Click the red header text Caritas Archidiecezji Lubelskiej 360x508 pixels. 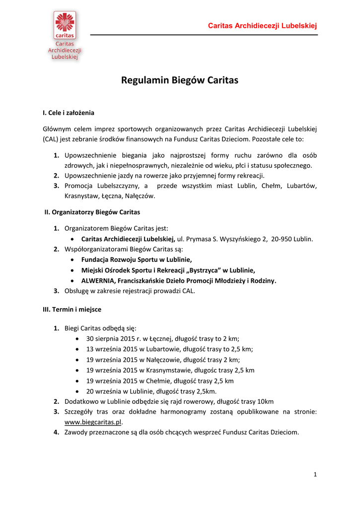tap(262, 26)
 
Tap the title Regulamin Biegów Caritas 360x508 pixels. tap(180, 80)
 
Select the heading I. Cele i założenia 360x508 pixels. tap(69, 113)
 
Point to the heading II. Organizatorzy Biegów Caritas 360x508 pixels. tap(92, 212)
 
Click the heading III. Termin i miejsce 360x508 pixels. tap(72, 309)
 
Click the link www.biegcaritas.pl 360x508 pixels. tap(93, 422)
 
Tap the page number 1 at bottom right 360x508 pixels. tap(315, 475)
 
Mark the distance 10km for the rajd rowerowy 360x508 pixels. tap(265, 401)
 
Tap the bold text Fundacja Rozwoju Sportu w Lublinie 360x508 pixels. tap(137, 260)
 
